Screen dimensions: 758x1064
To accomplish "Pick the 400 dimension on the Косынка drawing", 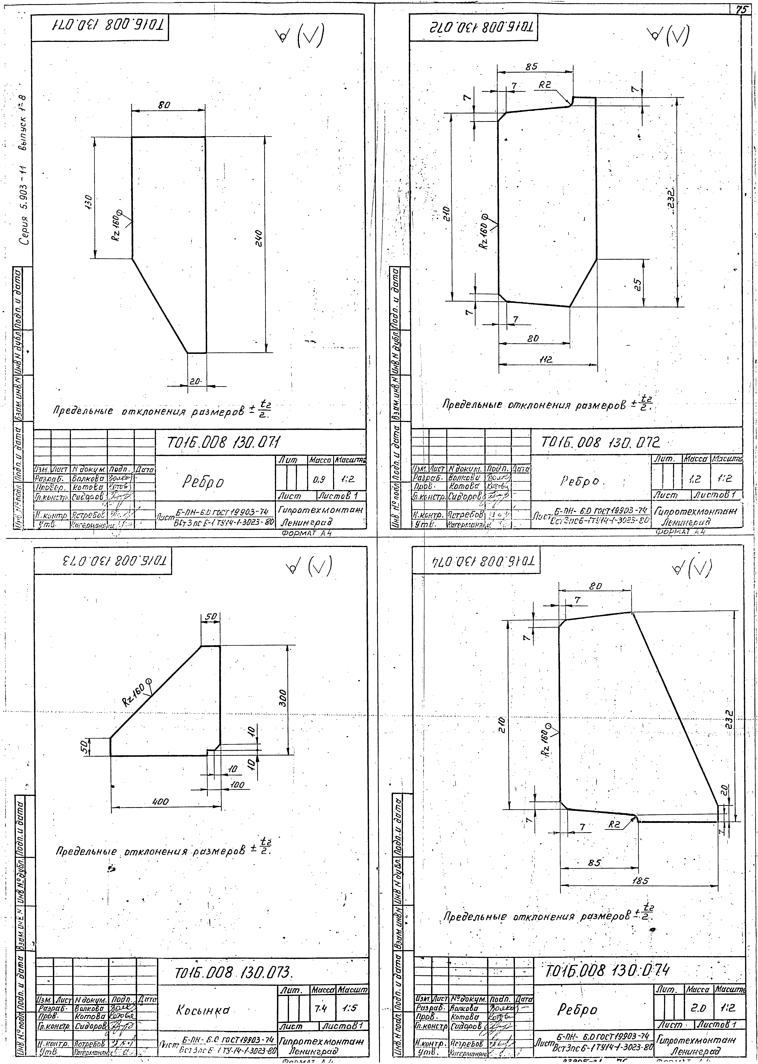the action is pyautogui.click(x=161, y=802).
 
